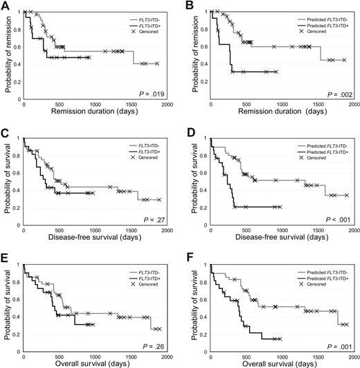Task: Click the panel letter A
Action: point(6,6)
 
